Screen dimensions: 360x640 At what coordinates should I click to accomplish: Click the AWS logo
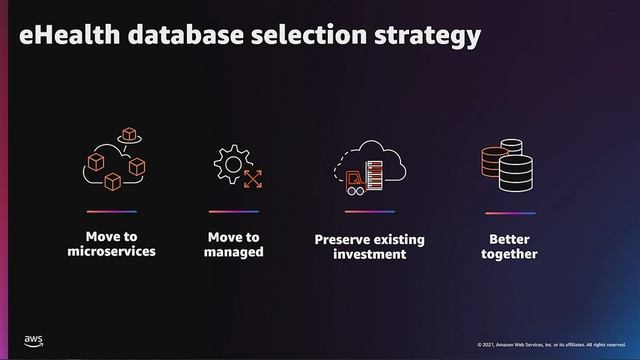point(34,341)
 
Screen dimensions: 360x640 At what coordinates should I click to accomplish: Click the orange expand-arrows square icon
point(253,179)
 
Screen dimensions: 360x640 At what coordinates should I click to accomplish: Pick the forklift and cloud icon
point(369,164)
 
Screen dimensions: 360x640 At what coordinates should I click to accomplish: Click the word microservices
point(111,251)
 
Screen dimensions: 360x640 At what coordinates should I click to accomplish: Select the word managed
point(233,252)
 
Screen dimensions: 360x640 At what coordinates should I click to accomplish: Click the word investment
point(369,255)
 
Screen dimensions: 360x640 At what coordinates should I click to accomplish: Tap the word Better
point(509,239)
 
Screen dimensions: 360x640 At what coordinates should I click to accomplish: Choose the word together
point(509,254)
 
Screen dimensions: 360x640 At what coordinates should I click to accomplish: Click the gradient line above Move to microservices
point(111,212)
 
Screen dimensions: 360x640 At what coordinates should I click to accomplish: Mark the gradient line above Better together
point(509,212)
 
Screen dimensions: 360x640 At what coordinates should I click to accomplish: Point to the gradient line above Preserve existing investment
point(369,212)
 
